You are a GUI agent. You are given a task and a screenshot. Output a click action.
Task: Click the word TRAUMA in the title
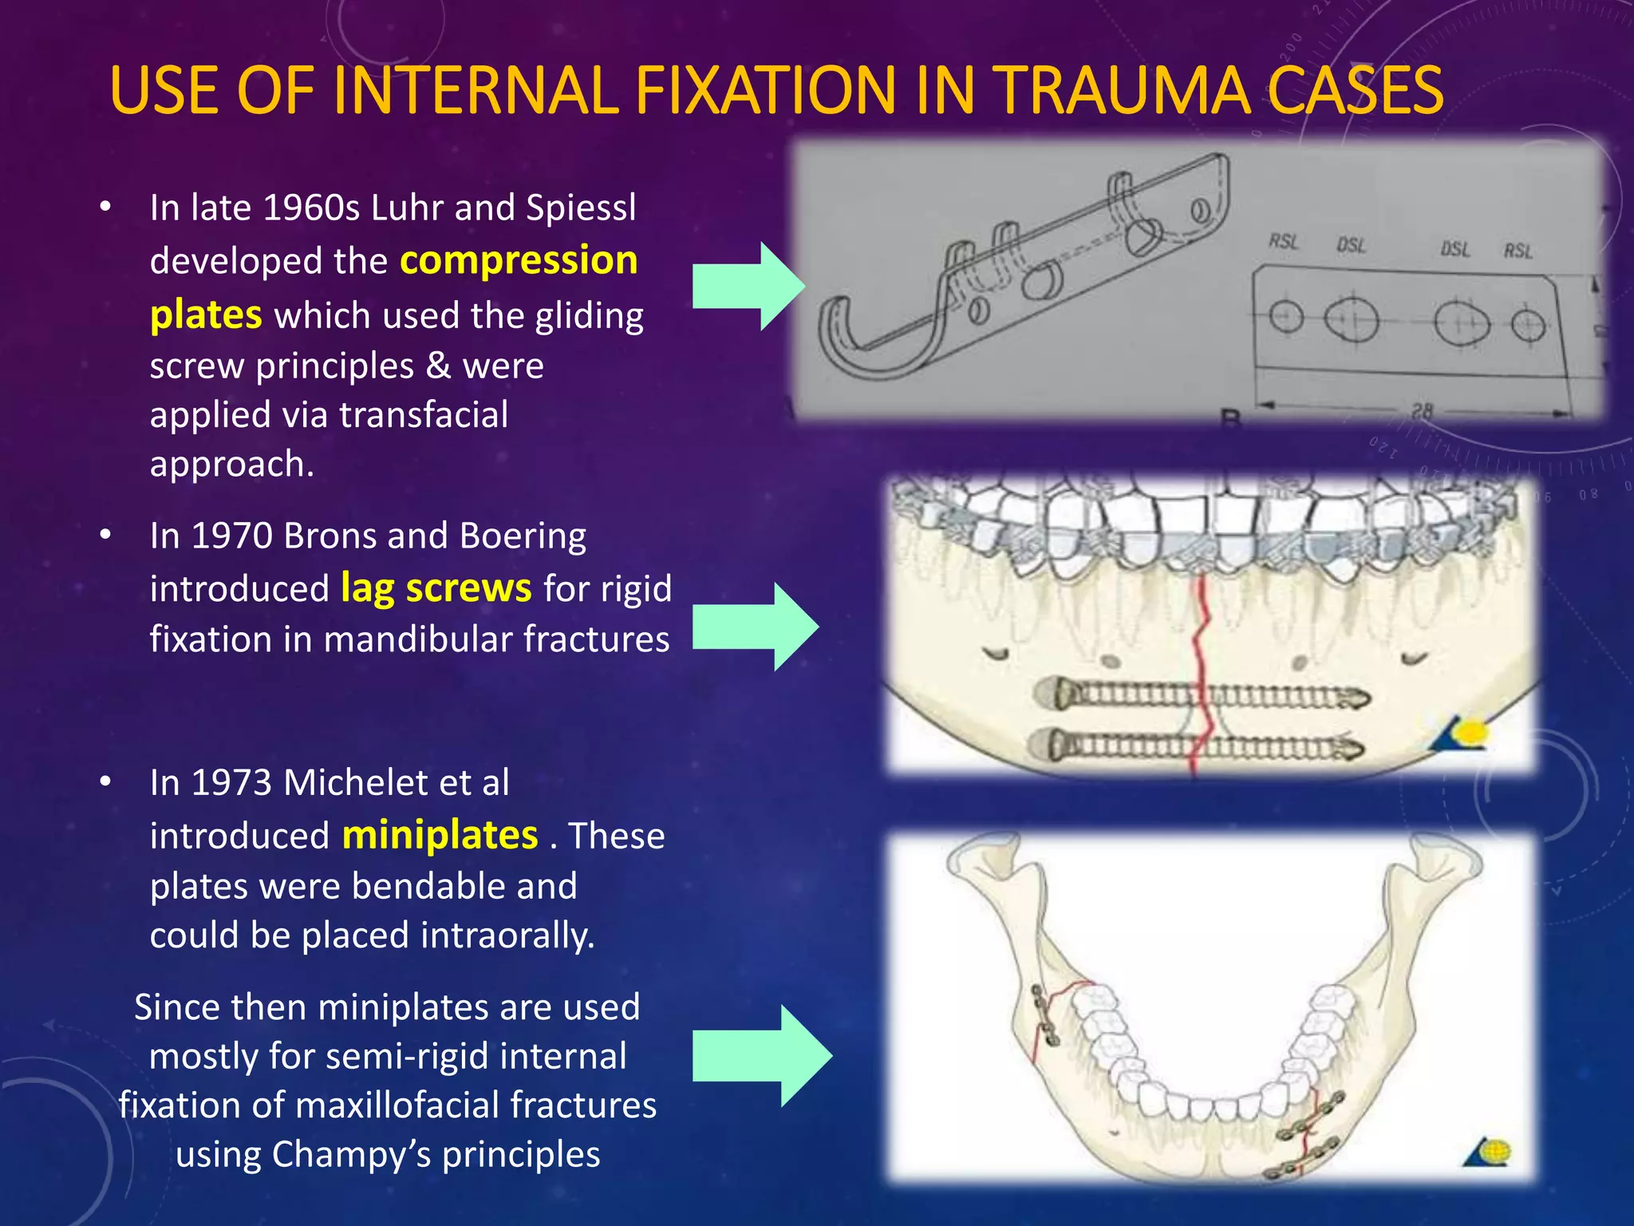pos(1124,89)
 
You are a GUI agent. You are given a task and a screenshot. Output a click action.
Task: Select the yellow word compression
pos(519,260)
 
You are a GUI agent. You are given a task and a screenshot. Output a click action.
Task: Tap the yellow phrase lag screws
pos(436,588)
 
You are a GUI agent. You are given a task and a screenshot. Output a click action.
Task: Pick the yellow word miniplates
pos(440,835)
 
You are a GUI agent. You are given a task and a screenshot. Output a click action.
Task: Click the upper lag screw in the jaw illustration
pos(1202,695)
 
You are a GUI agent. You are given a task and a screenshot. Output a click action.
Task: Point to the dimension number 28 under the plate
pos(1422,412)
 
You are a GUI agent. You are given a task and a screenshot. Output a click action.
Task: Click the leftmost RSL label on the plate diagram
pos(1283,241)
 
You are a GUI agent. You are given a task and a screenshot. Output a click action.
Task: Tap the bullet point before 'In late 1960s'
pos(105,208)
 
